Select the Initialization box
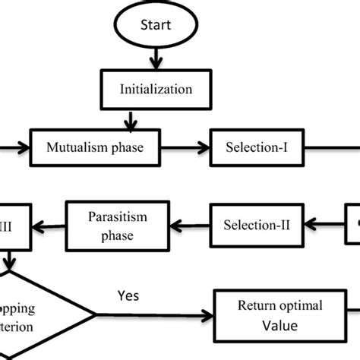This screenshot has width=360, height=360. point(156,88)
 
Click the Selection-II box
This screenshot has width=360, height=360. point(257,224)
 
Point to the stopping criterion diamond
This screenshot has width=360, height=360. point(38,313)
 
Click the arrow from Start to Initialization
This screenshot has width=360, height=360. point(156,58)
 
